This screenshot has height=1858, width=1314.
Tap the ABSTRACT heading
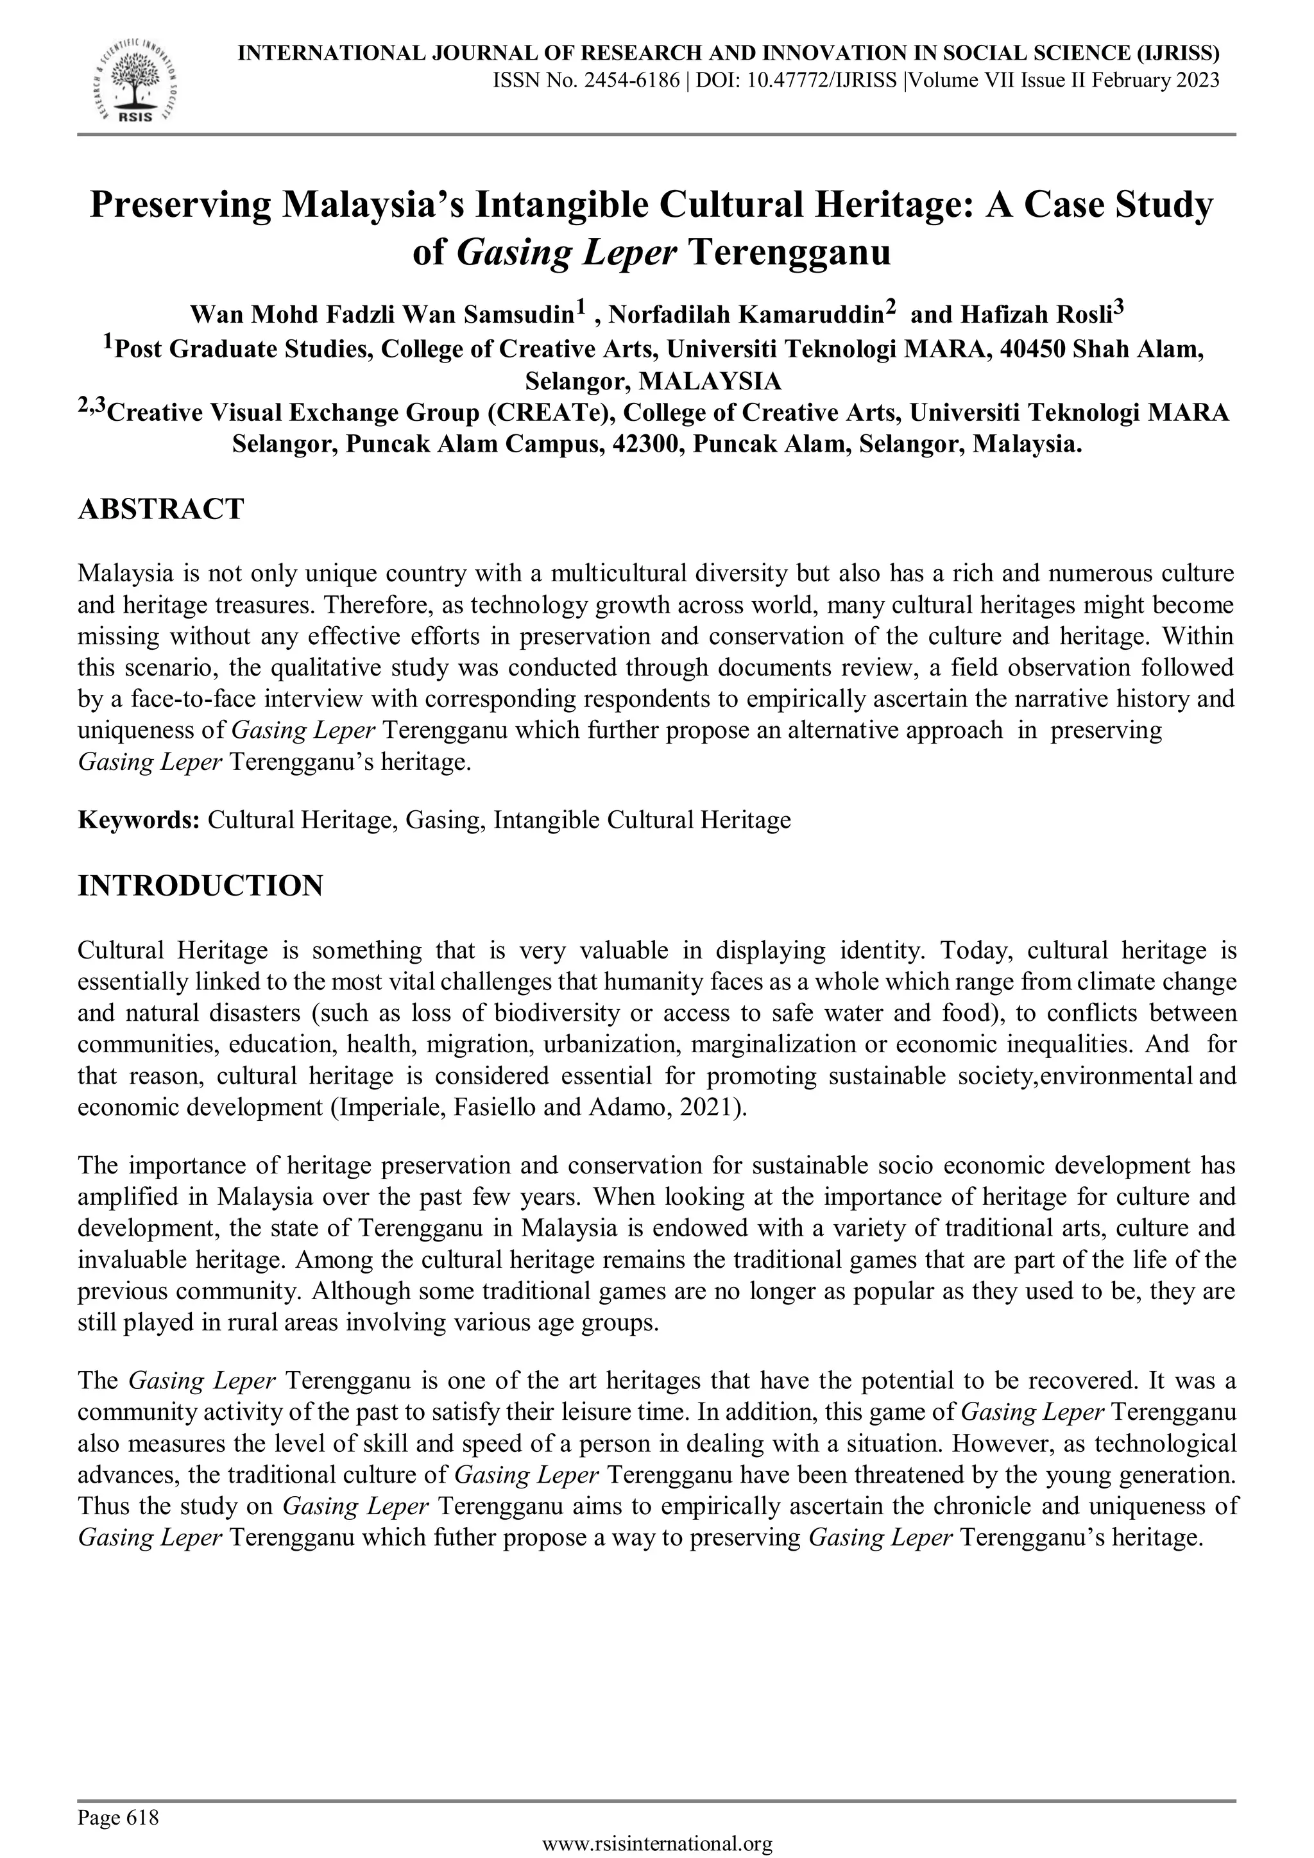(160, 510)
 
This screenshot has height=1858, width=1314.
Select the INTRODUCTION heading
(200, 885)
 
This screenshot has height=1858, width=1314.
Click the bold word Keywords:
(139, 821)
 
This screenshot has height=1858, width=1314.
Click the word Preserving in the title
(180, 205)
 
